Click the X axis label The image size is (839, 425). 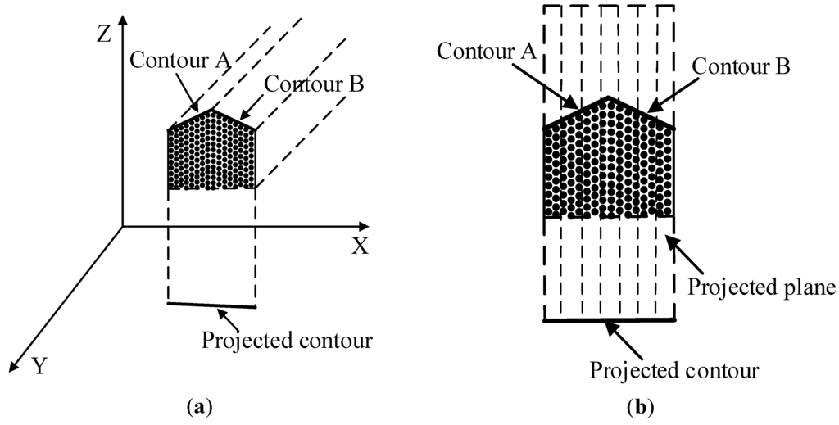(x=360, y=246)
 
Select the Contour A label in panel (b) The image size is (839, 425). (x=487, y=50)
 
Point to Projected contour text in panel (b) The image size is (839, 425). (x=674, y=370)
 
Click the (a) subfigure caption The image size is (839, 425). (x=198, y=405)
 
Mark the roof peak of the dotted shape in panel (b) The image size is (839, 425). (x=608, y=97)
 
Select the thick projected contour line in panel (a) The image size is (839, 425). (x=211, y=305)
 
